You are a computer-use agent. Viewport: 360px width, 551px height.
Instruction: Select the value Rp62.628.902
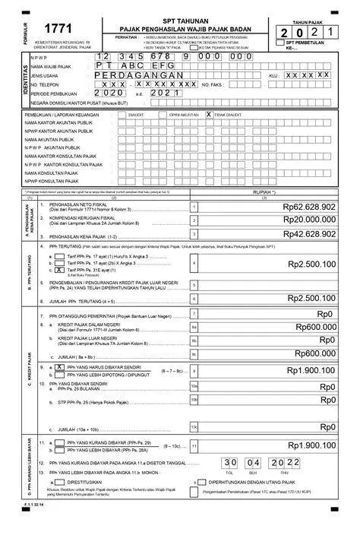(308, 206)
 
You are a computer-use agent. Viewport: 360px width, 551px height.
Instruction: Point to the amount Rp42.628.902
(308, 235)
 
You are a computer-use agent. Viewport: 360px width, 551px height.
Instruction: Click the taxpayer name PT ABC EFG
(137, 67)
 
